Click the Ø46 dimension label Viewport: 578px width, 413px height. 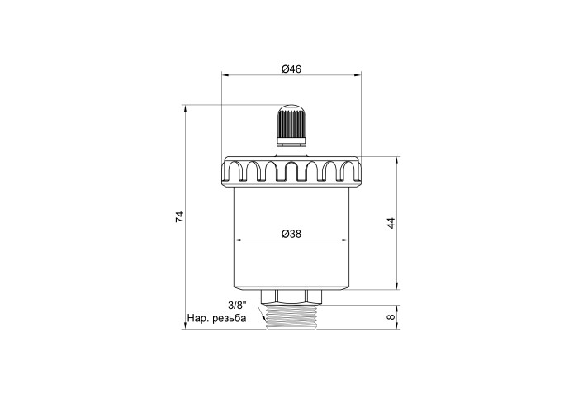[291, 69]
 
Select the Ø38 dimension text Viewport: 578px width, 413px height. [291, 234]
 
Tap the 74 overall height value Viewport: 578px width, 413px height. [179, 216]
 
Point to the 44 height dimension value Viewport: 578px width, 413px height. [391, 223]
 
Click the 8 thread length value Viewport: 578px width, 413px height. [391, 316]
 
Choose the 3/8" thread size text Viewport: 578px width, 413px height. [237, 306]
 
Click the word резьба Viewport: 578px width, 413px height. [230, 318]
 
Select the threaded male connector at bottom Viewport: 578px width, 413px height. [291, 316]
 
